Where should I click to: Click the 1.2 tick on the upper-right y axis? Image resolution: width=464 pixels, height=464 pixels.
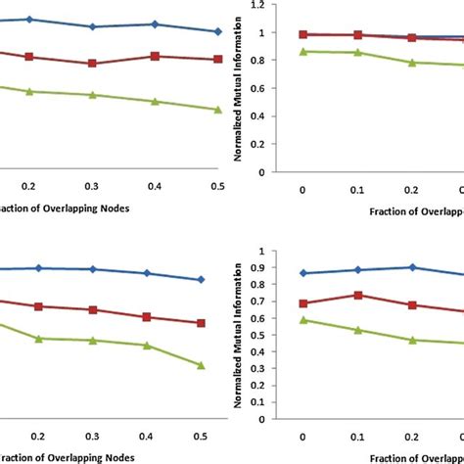(x=257, y=5)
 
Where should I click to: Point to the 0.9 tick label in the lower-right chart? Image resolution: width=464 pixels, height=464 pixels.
(x=257, y=268)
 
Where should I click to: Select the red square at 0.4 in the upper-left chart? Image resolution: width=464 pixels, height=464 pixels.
(x=155, y=56)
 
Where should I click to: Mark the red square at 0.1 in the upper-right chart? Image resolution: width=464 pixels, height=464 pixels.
(x=357, y=34)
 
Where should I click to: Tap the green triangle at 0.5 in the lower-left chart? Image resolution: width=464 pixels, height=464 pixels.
(x=201, y=365)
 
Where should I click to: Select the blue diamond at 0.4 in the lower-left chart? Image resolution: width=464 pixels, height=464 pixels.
(x=147, y=273)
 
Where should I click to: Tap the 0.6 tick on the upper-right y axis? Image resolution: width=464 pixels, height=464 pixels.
(x=257, y=89)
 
